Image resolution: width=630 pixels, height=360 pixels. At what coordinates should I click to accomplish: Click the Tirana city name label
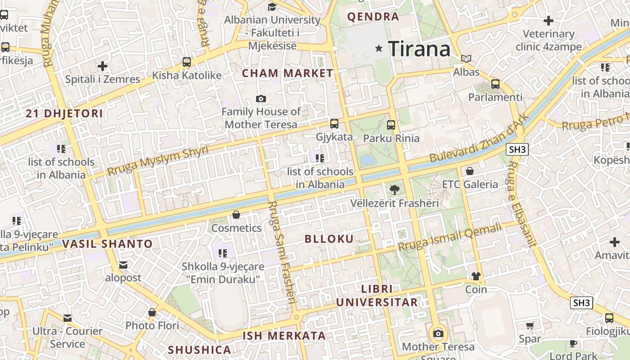pos(419,49)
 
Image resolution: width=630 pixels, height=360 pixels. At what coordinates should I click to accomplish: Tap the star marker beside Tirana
pos(379,48)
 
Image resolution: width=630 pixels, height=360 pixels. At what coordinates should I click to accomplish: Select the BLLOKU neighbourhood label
pos(329,239)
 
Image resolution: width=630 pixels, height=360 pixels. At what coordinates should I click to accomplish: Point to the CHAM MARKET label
pos(288,73)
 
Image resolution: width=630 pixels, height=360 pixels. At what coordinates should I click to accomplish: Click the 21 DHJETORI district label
pos(64,113)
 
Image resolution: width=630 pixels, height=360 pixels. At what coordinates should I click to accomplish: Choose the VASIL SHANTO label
pos(108,244)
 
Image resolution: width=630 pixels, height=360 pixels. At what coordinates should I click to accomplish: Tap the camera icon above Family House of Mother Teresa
pos(261,99)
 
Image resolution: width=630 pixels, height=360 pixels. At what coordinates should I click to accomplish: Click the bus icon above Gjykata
pos(334,123)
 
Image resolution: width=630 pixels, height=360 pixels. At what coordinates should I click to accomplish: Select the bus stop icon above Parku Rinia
pos(391,125)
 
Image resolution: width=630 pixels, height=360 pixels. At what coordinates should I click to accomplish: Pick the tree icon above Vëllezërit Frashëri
pos(395,190)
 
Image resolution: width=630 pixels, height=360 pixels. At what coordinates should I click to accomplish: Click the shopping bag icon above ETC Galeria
pos(470,171)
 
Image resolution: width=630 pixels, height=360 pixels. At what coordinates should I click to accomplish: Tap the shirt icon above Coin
pos(476,276)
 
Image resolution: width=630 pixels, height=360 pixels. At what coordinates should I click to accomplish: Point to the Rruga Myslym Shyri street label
pos(158,161)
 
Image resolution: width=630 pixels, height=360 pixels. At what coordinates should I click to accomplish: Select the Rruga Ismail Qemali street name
pos(450,238)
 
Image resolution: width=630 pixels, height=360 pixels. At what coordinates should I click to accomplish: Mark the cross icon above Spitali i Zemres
pos(103,67)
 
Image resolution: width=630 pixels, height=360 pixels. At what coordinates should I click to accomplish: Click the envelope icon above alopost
pos(123,265)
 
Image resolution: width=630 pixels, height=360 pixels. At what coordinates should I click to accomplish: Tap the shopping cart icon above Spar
pos(530,325)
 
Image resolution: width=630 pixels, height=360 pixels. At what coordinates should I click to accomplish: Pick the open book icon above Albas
pos(467,58)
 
